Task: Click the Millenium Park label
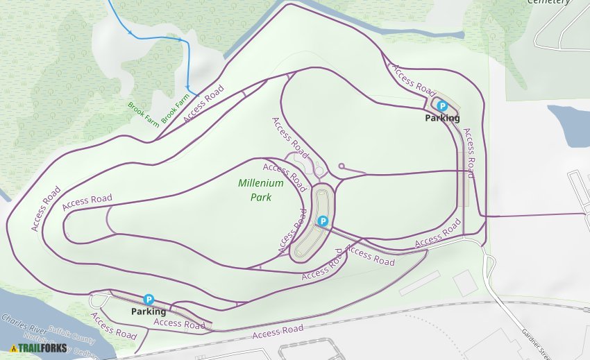point(261,190)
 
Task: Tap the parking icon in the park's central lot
point(322,221)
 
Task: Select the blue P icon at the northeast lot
point(442,106)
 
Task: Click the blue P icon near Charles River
point(149,299)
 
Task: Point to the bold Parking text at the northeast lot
point(442,118)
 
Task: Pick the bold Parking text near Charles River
point(149,311)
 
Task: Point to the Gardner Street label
point(534,339)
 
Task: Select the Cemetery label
point(549,2)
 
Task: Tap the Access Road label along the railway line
point(278,332)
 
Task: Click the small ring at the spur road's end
point(342,166)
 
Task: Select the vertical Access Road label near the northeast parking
point(469,153)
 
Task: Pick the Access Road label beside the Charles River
point(113,325)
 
